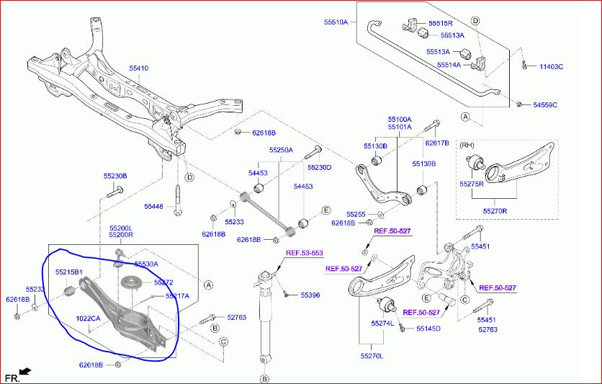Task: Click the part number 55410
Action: tap(138, 68)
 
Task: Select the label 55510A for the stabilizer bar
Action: tap(336, 22)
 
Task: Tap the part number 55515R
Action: tap(441, 24)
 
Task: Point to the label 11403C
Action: tap(552, 67)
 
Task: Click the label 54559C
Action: tap(545, 105)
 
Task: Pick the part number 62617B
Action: tap(437, 143)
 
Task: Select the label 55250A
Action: tap(281, 150)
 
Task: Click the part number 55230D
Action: tap(320, 168)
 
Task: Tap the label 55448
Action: tap(153, 207)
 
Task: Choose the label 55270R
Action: tap(495, 212)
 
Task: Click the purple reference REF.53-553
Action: tap(305, 253)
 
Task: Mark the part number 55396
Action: tap(310, 295)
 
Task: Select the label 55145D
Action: tap(428, 329)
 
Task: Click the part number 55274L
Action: tap(382, 323)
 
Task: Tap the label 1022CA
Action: tap(89, 318)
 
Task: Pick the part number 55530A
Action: tap(145, 264)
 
